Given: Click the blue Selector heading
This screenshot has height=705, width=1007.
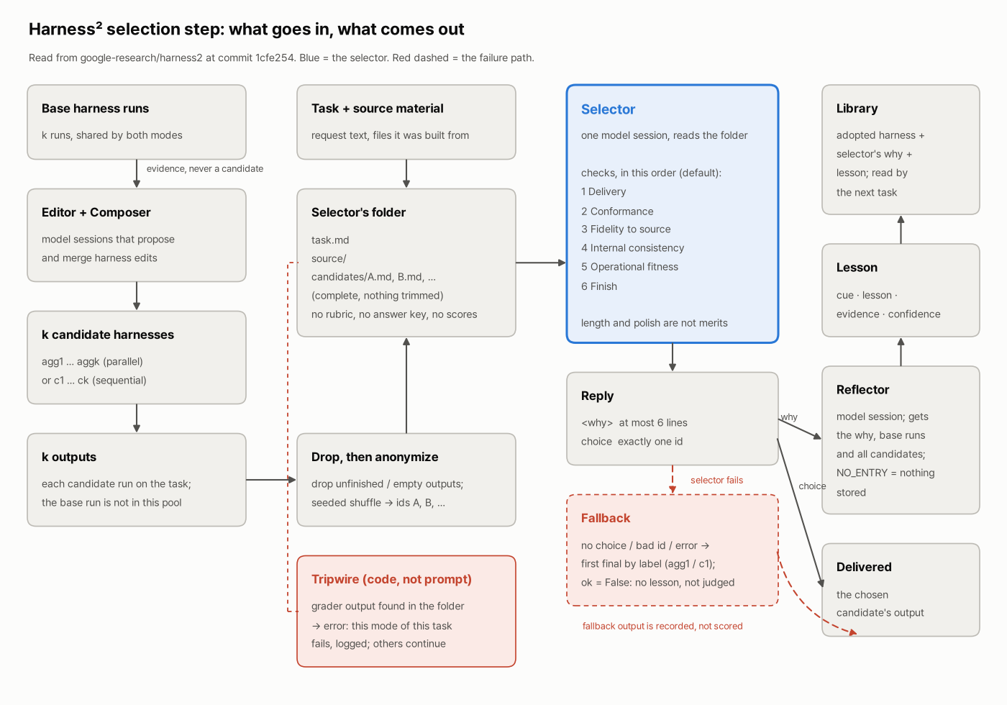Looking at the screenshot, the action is pos(608,109).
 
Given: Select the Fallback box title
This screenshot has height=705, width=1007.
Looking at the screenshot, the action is pos(606,518).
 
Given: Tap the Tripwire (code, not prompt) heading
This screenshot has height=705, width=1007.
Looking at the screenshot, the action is pos(391,579).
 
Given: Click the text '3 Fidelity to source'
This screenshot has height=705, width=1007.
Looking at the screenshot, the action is pos(626,229).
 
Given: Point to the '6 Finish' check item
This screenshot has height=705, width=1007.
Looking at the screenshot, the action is pos(598,286).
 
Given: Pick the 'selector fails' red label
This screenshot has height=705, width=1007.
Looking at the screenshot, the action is pos(716,481).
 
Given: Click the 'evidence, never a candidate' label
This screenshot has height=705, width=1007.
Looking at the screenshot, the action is pos(204,168).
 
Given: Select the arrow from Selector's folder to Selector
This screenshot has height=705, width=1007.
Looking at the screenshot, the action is pos(541,263).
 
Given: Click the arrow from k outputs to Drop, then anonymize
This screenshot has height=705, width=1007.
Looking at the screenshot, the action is pos(271,480).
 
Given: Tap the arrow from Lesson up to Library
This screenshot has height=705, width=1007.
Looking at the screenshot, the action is pos(901,229).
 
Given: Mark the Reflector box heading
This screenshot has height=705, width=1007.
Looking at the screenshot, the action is pos(862,390).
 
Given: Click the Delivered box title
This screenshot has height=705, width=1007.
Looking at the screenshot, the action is pos(864,567).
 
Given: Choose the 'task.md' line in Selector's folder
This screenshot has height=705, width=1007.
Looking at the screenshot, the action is pos(330,240).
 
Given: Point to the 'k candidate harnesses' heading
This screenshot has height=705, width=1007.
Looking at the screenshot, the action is pos(107,335).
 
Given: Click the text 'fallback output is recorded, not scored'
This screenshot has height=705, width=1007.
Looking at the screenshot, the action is pos(662,626).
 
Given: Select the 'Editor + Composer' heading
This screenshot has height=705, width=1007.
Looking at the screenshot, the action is pos(96,212).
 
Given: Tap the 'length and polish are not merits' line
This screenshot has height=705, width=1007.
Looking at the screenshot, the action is pos(654,323).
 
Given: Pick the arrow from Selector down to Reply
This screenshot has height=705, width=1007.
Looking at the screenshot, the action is pos(672,358).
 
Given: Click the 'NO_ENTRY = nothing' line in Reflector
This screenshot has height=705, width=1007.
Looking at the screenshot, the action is pos(885,473).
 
